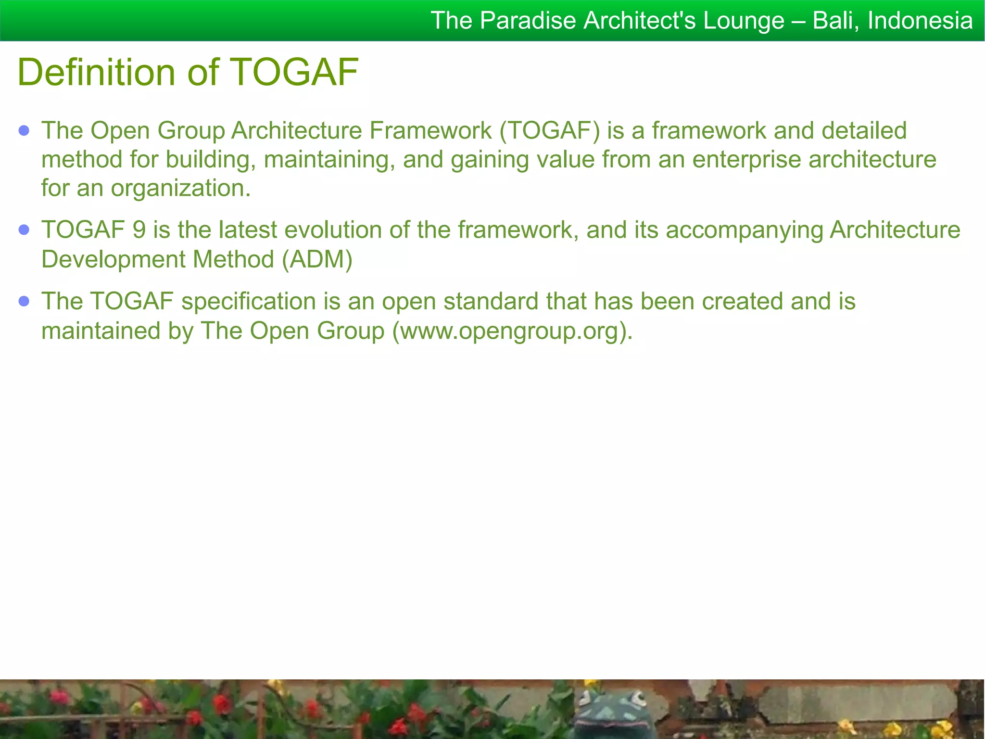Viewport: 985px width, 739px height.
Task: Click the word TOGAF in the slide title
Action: click(x=294, y=72)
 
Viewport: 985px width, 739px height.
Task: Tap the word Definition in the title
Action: click(x=96, y=72)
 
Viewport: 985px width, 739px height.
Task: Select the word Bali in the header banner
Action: click(x=837, y=21)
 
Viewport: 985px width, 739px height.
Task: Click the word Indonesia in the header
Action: click(x=920, y=21)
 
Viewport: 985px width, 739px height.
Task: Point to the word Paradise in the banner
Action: click(x=528, y=21)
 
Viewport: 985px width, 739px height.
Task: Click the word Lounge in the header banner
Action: click(x=744, y=21)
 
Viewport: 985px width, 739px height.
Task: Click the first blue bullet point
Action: click(x=24, y=130)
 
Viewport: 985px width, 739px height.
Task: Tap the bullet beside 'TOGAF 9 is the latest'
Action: click(x=24, y=230)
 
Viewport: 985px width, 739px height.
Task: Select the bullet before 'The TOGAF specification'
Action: click(x=24, y=301)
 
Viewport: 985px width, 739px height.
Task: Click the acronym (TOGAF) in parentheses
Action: click(x=550, y=131)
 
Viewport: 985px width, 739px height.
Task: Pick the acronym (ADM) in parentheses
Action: click(x=317, y=259)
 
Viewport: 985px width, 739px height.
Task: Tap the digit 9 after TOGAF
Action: click(x=139, y=230)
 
